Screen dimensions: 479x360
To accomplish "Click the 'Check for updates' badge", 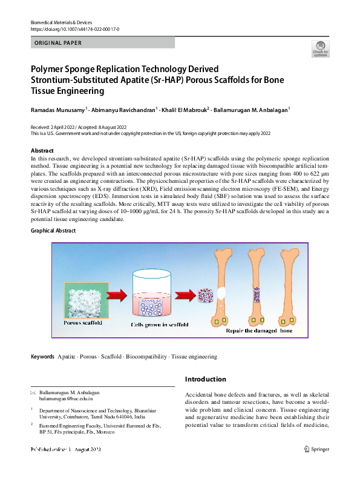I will click(320, 48).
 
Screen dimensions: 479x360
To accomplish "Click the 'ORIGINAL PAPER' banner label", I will click(58, 43).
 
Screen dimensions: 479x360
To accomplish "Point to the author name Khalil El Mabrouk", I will click(184, 110).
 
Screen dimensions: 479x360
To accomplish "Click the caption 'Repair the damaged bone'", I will click(259, 331).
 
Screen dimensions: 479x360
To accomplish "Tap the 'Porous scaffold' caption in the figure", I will click(83, 323).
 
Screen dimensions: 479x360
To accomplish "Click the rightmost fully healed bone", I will click(289, 285).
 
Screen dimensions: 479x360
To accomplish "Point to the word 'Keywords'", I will click(42, 357).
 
